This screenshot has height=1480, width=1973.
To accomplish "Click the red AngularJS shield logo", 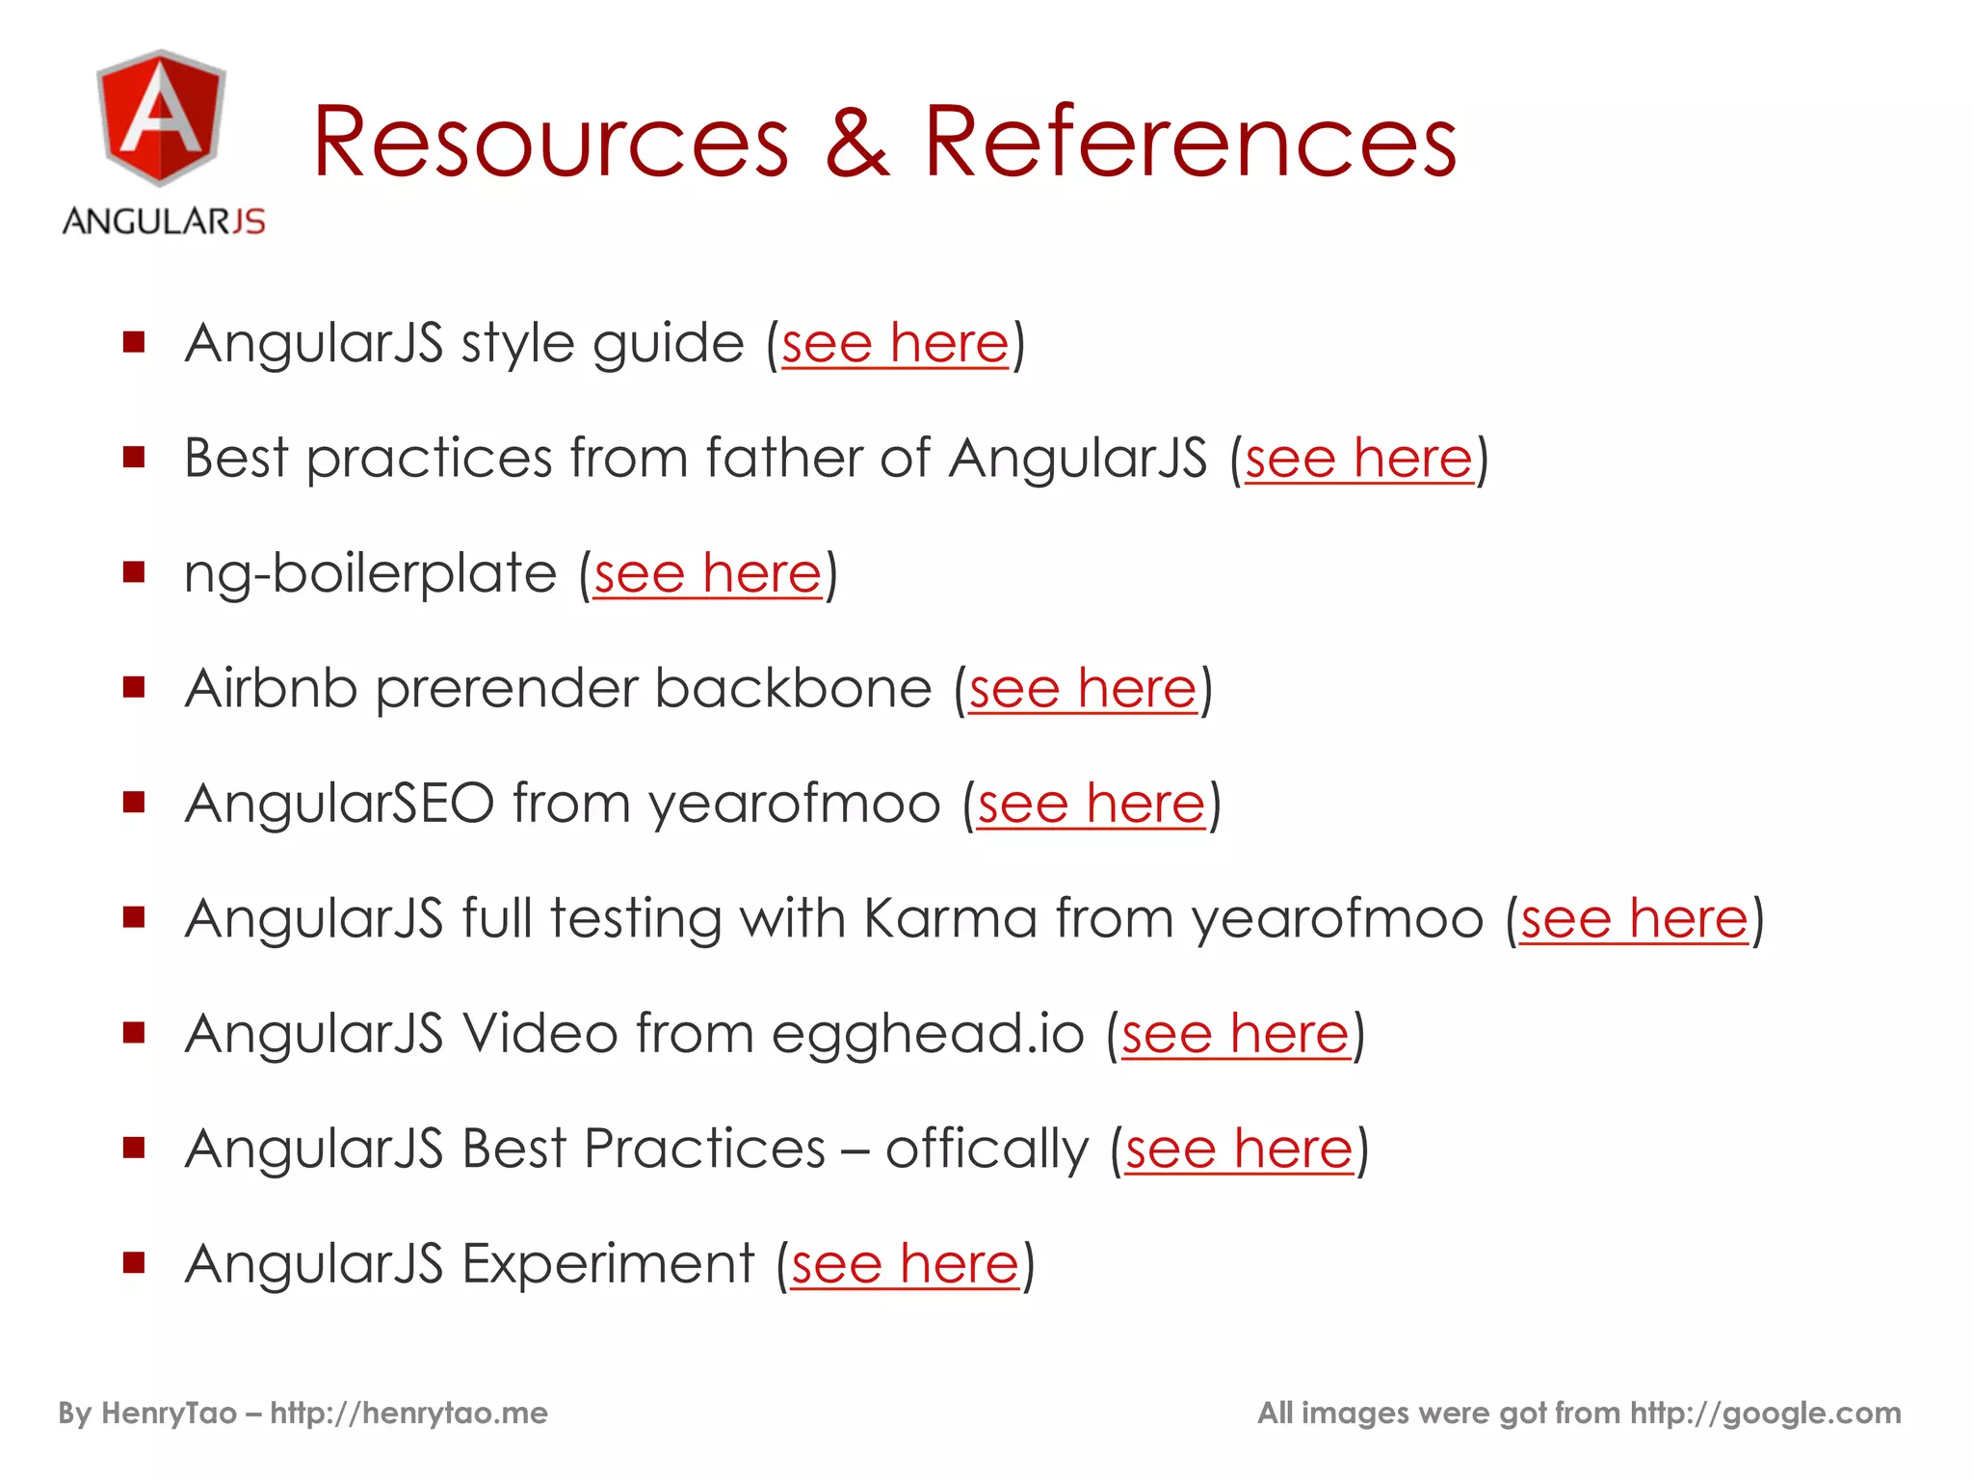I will (x=162, y=118).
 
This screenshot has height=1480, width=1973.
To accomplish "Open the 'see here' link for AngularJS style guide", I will (x=895, y=344).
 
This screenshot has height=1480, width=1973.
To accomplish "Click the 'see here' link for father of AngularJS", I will (x=1358, y=459).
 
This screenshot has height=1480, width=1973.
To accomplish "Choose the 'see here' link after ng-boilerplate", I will (x=708, y=574).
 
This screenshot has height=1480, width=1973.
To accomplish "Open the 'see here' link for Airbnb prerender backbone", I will (x=1083, y=689).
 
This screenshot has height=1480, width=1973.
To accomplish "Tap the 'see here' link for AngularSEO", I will (x=1092, y=805).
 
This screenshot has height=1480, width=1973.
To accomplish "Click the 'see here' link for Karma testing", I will (x=1634, y=919).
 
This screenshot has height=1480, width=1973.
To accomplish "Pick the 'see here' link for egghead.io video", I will (x=1236, y=1035).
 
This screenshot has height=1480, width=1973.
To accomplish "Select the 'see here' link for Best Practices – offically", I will (x=1240, y=1150).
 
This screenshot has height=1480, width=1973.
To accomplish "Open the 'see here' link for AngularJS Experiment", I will (x=906, y=1264).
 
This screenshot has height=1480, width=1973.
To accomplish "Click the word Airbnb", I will (x=271, y=689).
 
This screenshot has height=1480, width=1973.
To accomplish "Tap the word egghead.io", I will (x=928, y=1035).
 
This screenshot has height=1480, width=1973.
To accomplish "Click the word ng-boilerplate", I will (x=370, y=574).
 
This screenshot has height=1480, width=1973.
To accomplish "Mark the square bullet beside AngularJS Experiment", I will (x=134, y=1262).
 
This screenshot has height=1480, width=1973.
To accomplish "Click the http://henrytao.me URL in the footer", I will (x=408, y=1414).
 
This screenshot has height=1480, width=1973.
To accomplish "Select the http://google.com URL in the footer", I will (x=1765, y=1414).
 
